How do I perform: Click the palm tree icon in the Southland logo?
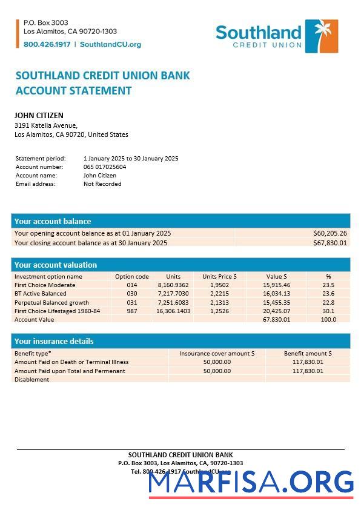(322, 36)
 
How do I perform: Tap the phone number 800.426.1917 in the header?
(47, 44)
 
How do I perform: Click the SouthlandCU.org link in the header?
(110, 44)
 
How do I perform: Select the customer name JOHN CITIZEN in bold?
(39, 115)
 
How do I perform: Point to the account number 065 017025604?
(105, 167)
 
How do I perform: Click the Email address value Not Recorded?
(102, 184)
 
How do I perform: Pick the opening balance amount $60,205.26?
(330, 233)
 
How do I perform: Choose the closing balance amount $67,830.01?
(330, 243)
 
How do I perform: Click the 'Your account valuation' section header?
(56, 265)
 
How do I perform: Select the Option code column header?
(131, 276)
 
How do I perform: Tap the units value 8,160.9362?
(173, 285)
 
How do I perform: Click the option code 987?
(132, 311)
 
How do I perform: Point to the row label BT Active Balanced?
(41, 293)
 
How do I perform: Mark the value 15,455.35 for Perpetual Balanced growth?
(276, 302)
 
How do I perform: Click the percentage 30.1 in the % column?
(328, 311)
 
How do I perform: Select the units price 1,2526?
(219, 311)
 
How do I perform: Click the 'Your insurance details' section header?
(54, 341)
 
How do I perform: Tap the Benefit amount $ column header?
(308, 353)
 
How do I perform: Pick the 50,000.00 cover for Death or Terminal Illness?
(217, 362)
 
